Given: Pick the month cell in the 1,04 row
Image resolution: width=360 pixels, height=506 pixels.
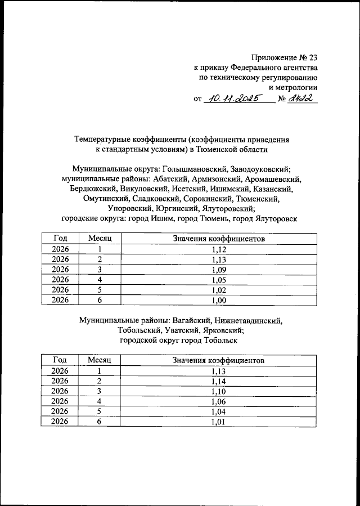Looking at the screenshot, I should click(x=100, y=411).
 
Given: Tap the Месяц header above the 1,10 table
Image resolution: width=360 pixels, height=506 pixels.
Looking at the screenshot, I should click(x=100, y=360).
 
